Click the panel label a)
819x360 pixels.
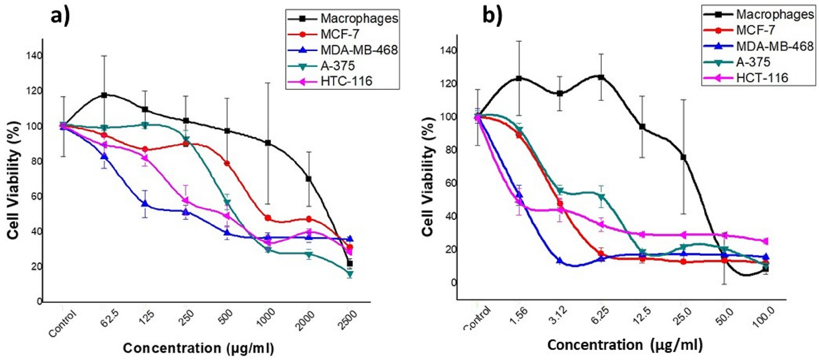[60, 17]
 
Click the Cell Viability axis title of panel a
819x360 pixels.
[14, 180]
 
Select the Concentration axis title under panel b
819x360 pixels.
[625, 345]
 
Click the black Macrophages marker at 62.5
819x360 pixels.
[104, 95]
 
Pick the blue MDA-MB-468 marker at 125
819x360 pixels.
[145, 204]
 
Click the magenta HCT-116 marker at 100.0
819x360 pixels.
[766, 241]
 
